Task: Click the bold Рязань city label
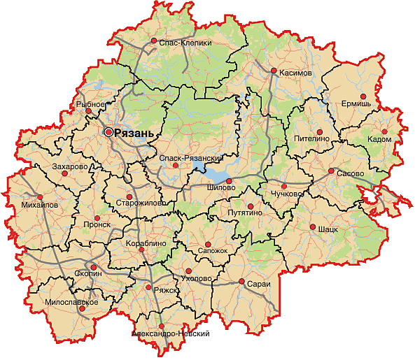point(134,132)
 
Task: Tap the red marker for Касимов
point(273,71)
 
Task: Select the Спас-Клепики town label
point(185,43)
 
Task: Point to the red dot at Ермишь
point(363,96)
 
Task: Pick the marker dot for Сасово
point(331,171)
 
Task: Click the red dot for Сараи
point(241,282)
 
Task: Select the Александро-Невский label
point(171,334)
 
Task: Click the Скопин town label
point(87,275)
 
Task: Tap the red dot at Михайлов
point(41,197)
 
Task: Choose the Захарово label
point(69,167)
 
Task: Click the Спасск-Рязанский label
point(186,158)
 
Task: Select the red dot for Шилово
point(228,180)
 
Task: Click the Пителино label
point(312,139)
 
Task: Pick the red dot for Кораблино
point(141,250)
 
